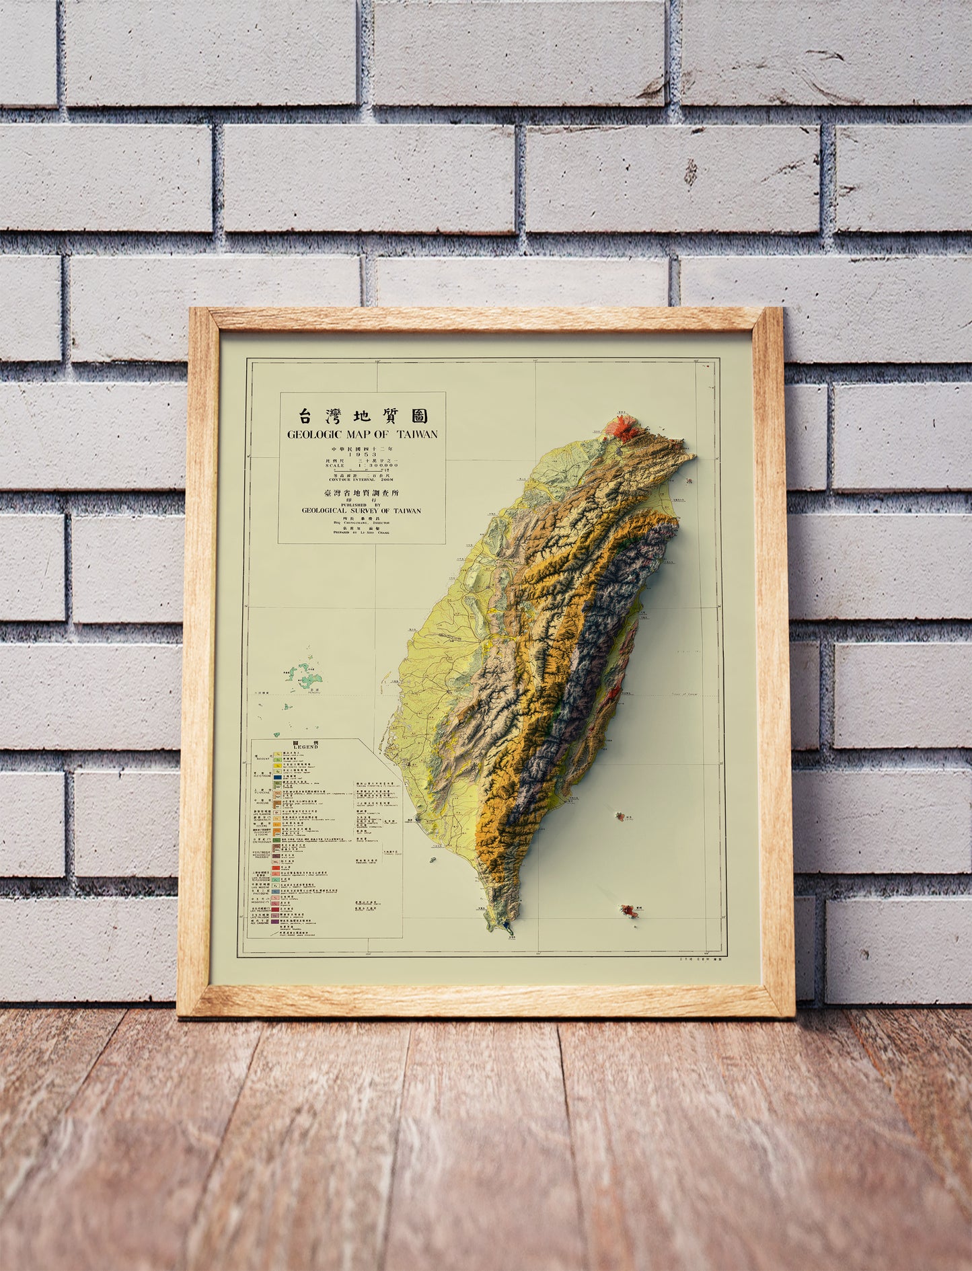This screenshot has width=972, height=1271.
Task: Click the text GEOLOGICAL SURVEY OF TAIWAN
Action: [x=362, y=510]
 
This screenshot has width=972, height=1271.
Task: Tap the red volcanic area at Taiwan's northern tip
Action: [x=622, y=428]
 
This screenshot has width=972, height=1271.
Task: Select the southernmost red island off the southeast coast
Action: [x=630, y=911]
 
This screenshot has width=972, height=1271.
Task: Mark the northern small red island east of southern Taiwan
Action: [x=618, y=816]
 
